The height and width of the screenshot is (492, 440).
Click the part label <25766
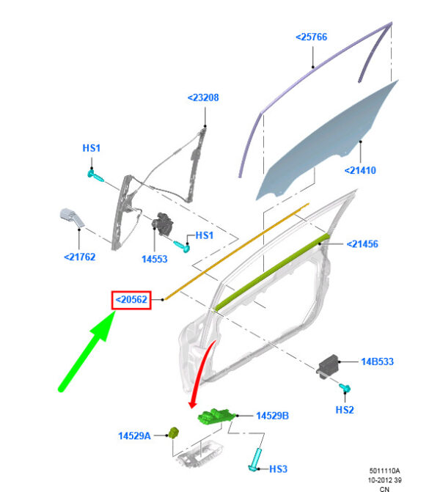312,36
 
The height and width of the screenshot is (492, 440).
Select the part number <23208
203,97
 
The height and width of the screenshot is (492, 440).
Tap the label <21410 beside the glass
360,171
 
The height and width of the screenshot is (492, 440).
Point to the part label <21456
362,244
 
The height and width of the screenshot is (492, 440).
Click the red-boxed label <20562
131,299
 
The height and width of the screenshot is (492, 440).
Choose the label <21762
78,257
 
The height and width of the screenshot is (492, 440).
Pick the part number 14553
155,259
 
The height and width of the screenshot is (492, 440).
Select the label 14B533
378,361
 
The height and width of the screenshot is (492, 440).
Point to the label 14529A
134,436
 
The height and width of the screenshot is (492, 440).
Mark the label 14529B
272,416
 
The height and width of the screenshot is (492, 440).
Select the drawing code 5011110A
384,471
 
